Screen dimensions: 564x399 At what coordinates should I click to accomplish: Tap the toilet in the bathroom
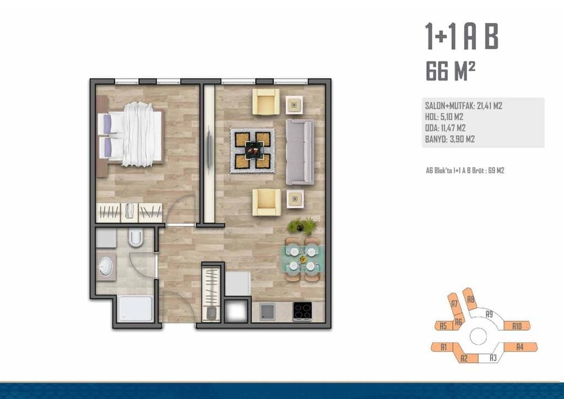pos(136,238)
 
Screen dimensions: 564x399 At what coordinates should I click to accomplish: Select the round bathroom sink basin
pos(106,267)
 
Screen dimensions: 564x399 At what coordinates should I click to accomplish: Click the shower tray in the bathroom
pos(136,309)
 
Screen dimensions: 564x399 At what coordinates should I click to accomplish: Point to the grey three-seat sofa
pos(300,152)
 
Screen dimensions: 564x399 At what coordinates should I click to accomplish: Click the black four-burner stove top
pos(302,311)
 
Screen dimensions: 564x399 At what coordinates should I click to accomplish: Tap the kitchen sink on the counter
pos(267,311)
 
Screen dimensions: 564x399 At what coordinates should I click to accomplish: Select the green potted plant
pos(301,226)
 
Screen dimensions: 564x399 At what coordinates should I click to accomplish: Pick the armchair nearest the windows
pos(266,102)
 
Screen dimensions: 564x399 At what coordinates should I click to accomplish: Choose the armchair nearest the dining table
pos(267,202)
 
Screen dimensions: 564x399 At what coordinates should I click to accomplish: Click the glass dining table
pos(302,259)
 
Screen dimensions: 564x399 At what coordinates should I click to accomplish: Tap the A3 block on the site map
pos(492,358)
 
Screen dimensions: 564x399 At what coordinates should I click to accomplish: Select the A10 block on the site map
pos(517,326)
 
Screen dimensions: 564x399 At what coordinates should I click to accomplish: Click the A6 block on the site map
pos(458,322)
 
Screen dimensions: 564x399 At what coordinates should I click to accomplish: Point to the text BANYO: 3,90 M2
pos(449,139)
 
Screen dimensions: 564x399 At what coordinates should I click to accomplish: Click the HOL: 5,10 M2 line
pos(444,117)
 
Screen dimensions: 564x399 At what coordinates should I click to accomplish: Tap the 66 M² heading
pos(451,71)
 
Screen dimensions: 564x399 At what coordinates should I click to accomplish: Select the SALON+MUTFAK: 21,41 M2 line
pos(463,106)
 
